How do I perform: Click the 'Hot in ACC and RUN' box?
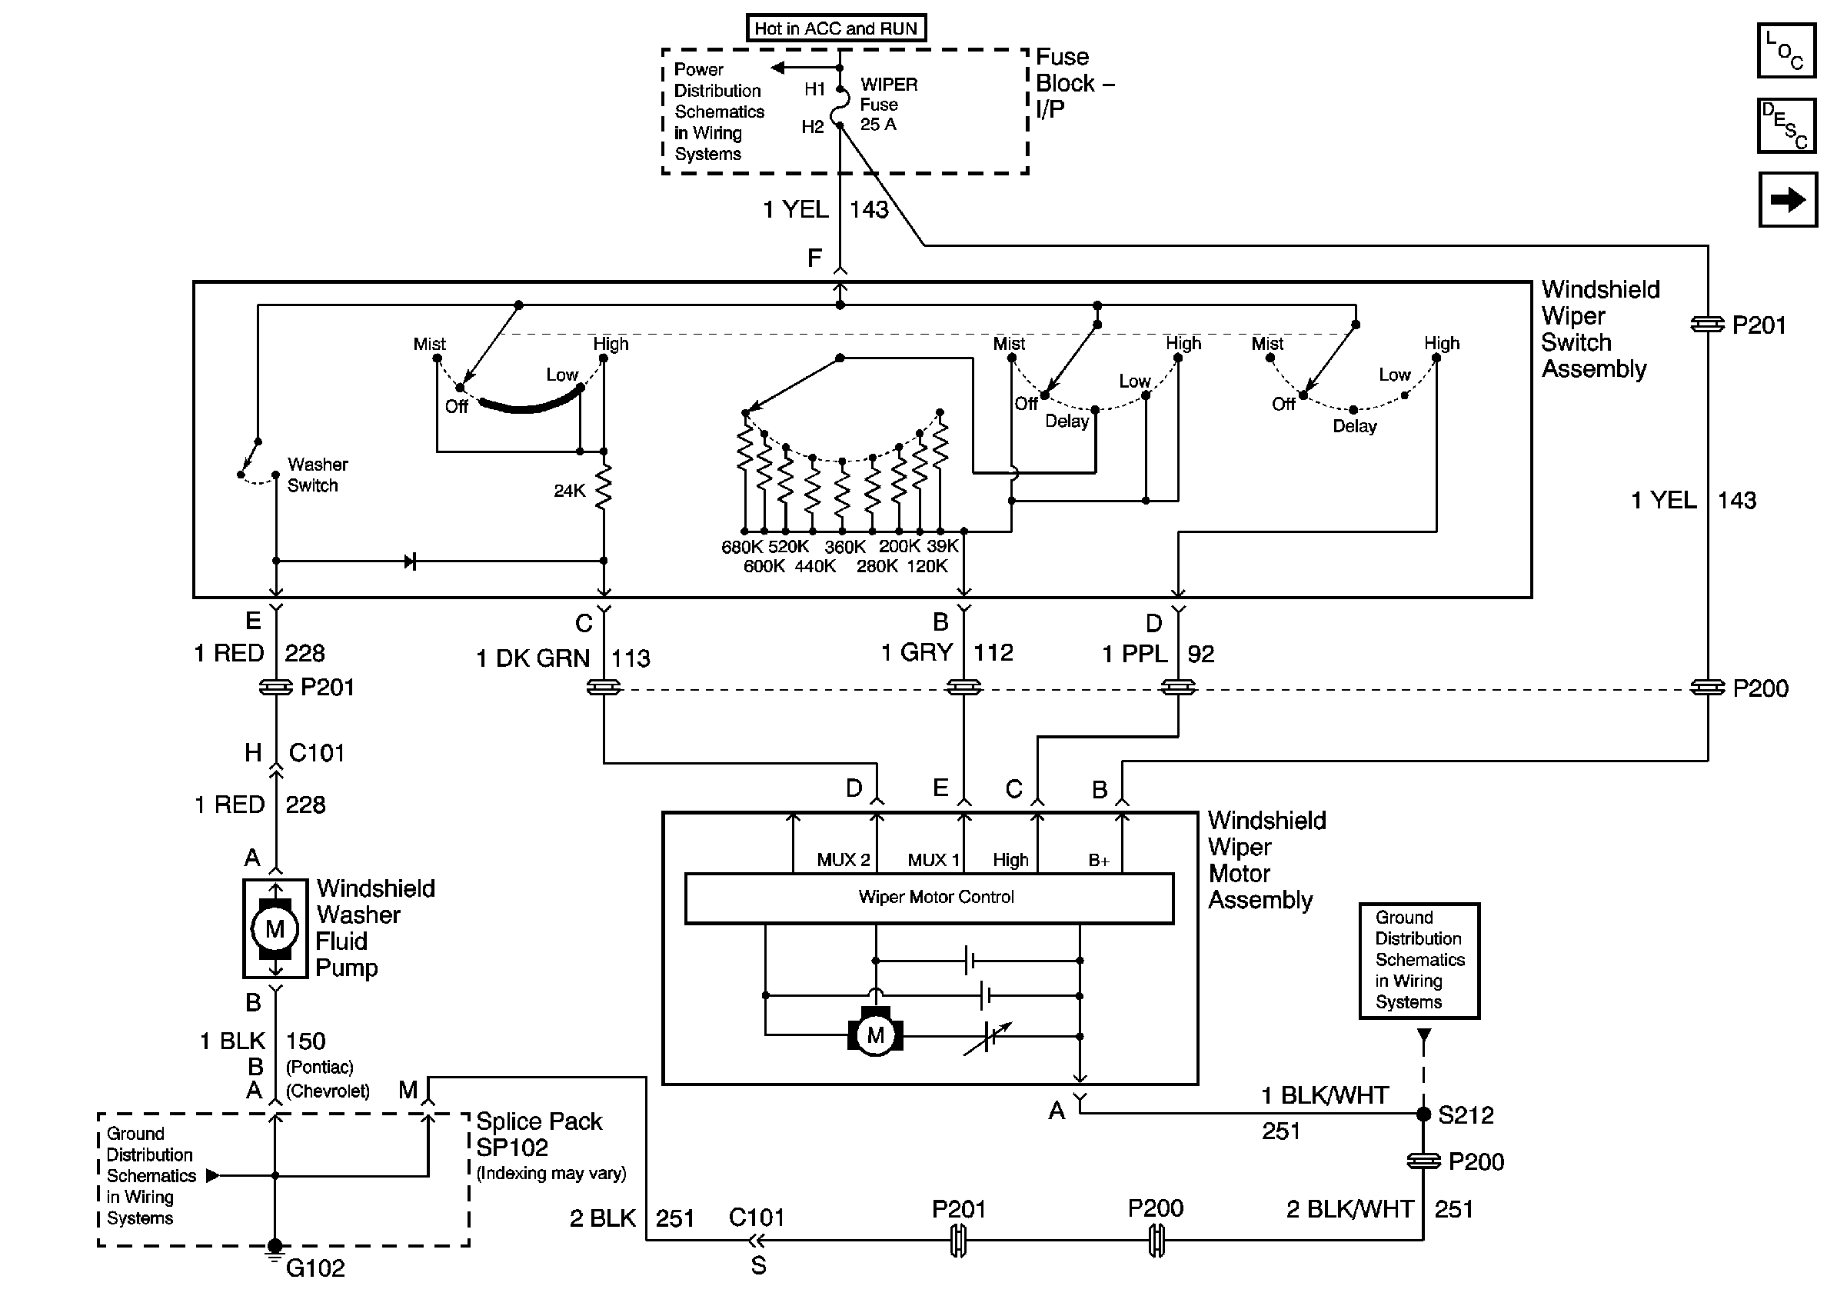point(836,28)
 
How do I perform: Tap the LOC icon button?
point(1785,51)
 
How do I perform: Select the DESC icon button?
point(1785,125)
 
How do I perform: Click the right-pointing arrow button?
point(1788,199)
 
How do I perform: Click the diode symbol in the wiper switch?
point(411,561)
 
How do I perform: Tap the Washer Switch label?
point(317,475)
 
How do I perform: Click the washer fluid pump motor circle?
point(275,929)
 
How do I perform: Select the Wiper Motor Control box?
point(929,898)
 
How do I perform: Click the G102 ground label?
point(315,1268)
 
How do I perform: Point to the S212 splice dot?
point(1423,1114)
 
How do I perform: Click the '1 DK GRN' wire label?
point(534,659)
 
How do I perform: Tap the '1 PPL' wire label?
point(1135,654)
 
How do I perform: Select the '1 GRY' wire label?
point(917,652)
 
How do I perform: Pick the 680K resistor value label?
point(742,547)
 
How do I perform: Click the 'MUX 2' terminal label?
point(843,860)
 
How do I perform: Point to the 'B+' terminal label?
point(1099,861)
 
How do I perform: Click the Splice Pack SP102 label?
point(539,1134)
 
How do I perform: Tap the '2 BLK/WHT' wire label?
point(1349,1209)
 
